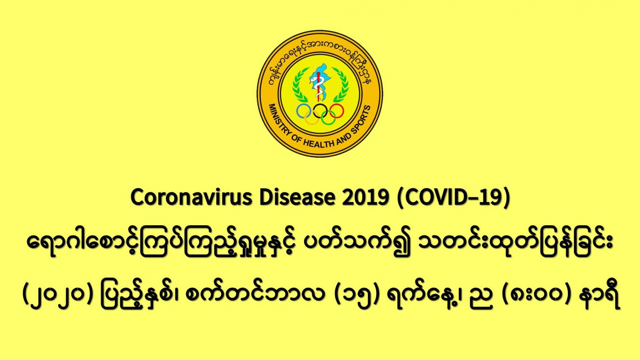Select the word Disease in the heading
pos(297,197)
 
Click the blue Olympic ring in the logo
pos(297,111)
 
